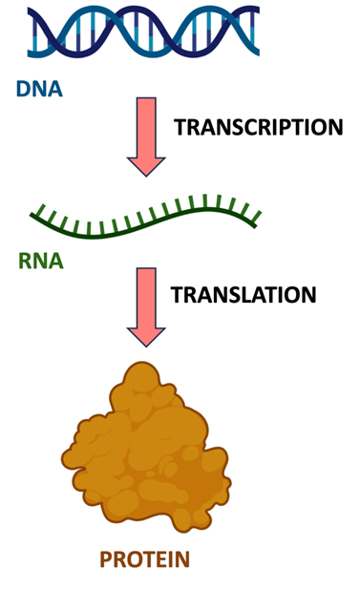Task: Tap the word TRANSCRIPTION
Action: (x=258, y=127)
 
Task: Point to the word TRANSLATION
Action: (x=243, y=295)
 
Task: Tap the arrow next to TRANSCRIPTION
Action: (x=146, y=134)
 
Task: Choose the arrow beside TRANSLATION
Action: (x=146, y=305)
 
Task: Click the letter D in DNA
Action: (x=23, y=90)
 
